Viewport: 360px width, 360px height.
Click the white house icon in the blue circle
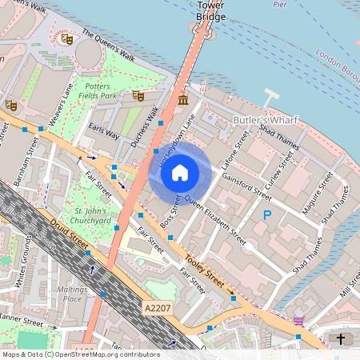click(180, 172)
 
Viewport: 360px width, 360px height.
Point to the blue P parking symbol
click(267, 214)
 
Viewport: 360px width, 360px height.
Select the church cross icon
click(341, 339)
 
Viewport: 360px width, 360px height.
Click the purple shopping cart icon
click(298, 321)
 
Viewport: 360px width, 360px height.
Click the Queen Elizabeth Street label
click(215, 217)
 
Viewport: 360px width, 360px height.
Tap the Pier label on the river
click(279, 4)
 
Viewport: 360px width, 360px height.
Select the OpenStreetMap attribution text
click(80, 354)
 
